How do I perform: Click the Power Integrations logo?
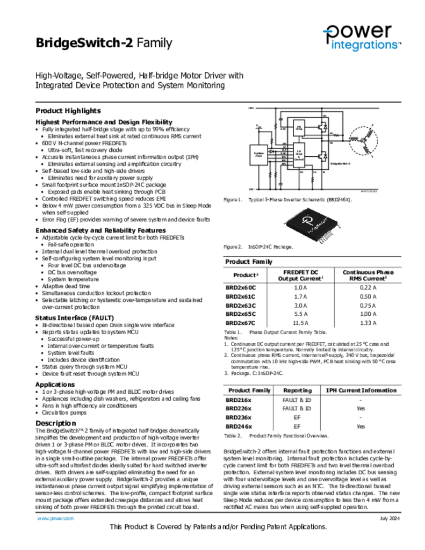(361, 38)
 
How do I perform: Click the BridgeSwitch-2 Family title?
(104, 43)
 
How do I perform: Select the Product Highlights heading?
(68, 111)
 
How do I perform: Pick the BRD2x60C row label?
(240, 287)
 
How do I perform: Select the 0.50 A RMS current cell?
(368, 296)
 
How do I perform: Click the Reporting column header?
(297, 390)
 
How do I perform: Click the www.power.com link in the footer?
(55, 518)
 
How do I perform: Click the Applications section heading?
(55, 385)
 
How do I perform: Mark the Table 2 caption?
(276, 436)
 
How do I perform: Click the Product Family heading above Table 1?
(248, 262)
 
